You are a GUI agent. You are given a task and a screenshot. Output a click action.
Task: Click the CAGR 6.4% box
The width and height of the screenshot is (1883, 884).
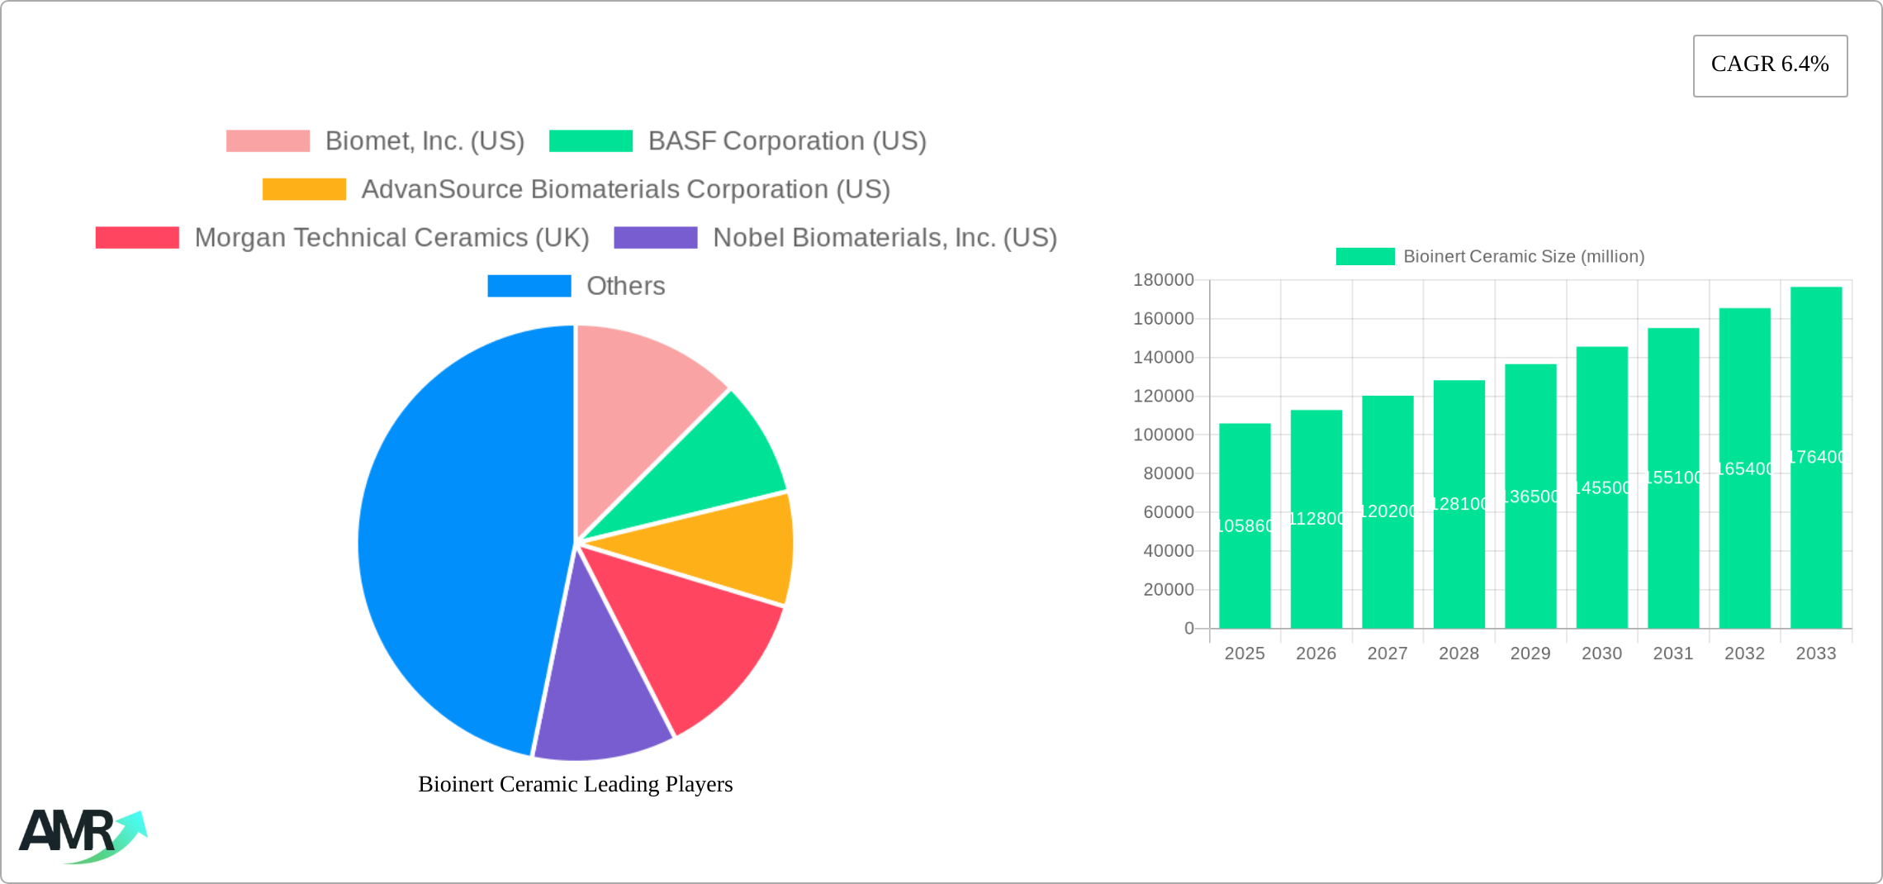click(x=1770, y=65)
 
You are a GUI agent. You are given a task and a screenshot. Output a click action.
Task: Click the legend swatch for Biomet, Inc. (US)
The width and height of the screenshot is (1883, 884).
click(x=268, y=141)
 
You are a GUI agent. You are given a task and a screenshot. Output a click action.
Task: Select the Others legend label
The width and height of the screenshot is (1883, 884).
click(x=625, y=286)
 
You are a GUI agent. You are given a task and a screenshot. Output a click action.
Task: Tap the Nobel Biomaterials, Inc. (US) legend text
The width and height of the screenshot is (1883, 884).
click(x=885, y=238)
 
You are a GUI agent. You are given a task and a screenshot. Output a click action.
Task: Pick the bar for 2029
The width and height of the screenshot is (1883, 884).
click(x=1530, y=496)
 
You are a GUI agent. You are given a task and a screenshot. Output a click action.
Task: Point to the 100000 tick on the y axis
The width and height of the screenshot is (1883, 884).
click(x=1164, y=435)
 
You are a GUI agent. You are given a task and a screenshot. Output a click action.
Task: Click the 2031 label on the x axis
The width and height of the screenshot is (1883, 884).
click(x=1673, y=653)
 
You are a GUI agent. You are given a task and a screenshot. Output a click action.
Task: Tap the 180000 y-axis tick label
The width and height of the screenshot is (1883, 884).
click(x=1164, y=280)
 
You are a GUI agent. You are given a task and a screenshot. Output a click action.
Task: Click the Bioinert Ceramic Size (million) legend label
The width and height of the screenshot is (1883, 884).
click(x=1524, y=257)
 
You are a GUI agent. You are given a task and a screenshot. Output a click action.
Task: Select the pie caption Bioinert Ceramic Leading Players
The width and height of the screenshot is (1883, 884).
click(x=576, y=784)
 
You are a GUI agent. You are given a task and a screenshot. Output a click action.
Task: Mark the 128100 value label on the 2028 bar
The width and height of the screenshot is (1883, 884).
click(x=1459, y=504)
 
